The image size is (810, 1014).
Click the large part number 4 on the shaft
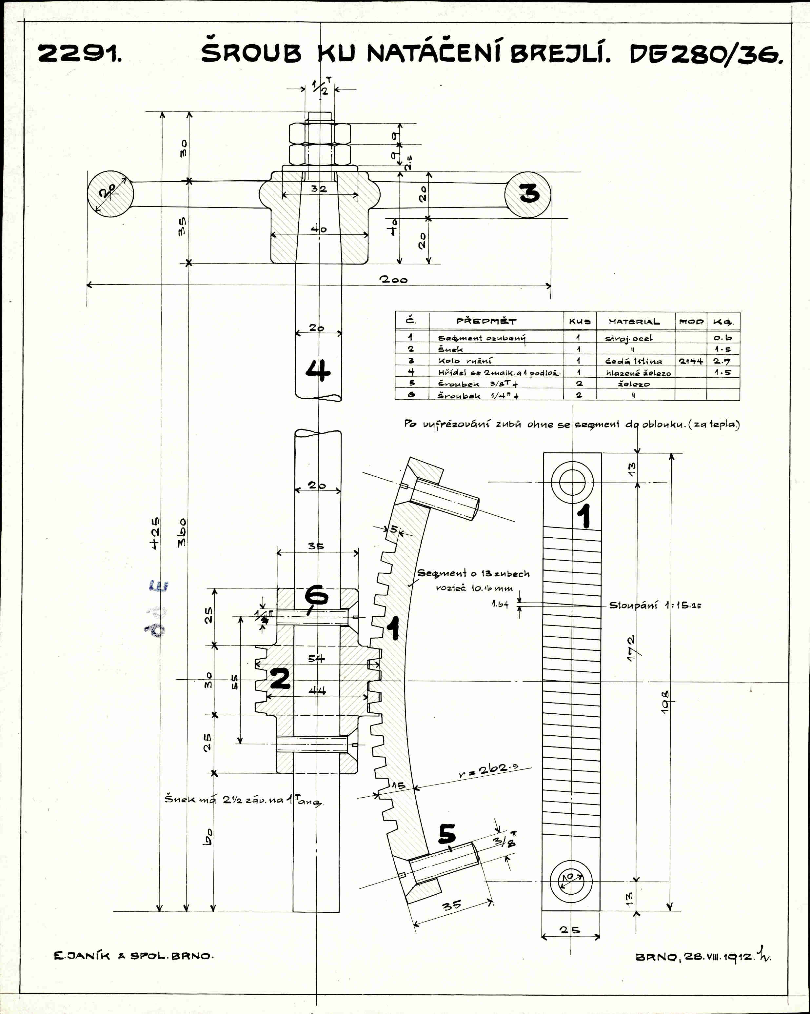pos(318,370)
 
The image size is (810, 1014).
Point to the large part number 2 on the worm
pos(280,679)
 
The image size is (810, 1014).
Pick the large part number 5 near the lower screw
pos(447,834)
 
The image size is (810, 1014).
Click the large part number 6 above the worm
pos(317,596)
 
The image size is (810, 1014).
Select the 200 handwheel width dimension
pos(394,280)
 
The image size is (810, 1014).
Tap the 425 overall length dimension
pos(155,532)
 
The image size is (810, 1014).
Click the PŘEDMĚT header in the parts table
pos(486,321)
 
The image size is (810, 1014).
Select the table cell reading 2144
pos(691,361)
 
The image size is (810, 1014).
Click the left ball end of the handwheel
pos(110,194)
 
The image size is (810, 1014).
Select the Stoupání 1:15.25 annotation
pos(655,605)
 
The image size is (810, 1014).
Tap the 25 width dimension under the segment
pos(570,930)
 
